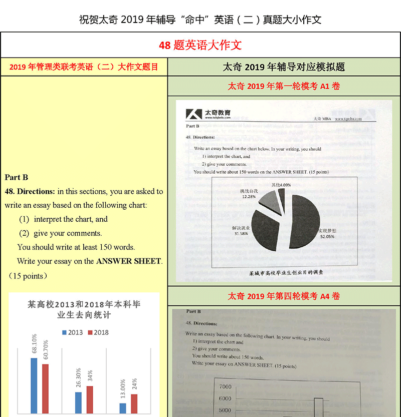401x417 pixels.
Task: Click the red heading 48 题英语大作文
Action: (200, 46)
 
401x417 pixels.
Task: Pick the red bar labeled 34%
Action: (90, 400)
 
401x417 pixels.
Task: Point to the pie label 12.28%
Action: (249, 194)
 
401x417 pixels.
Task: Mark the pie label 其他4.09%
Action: (281, 185)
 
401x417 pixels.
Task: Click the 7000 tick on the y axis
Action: (225, 387)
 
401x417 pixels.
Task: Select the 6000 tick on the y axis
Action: (225, 399)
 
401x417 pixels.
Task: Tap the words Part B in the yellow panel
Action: (17, 177)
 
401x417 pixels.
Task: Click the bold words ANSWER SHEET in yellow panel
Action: (129, 261)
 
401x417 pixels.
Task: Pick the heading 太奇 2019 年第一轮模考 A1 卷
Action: (284, 86)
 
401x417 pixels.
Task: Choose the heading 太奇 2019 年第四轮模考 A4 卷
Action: (284, 296)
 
